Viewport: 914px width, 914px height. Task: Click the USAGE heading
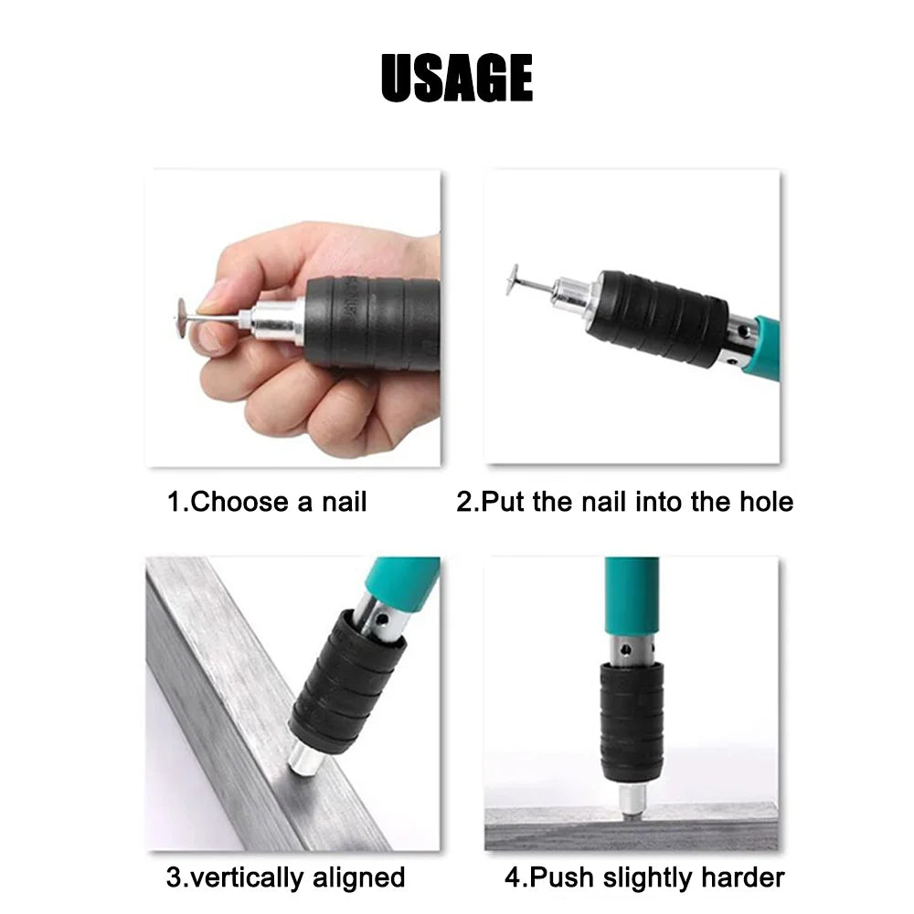tap(456, 79)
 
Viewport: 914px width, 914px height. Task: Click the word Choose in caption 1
tap(246, 502)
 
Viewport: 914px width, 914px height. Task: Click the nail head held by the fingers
tap(182, 317)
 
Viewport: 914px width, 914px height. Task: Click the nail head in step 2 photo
tap(513, 281)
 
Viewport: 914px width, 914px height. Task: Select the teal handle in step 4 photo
tap(631, 594)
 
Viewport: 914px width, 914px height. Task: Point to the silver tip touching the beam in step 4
tap(630, 799)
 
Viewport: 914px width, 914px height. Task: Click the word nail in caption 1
tap(344, 502)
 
